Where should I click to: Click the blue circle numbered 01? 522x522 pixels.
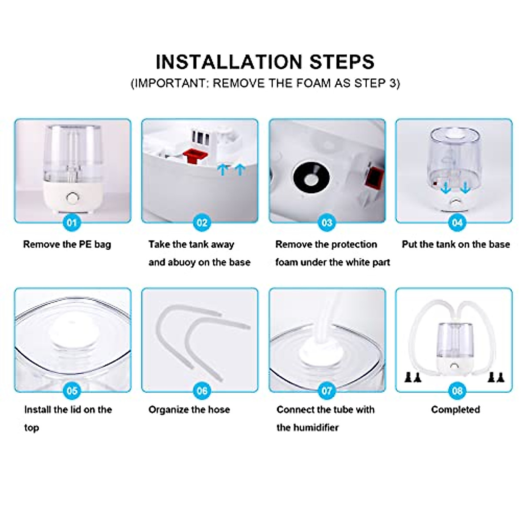72,223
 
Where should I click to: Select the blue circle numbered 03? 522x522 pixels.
326,223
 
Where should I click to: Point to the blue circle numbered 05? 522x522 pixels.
72,391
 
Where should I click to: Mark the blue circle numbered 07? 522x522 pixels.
326,391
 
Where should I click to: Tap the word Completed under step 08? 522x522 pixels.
455,409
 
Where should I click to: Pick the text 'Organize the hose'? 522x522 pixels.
189,409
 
